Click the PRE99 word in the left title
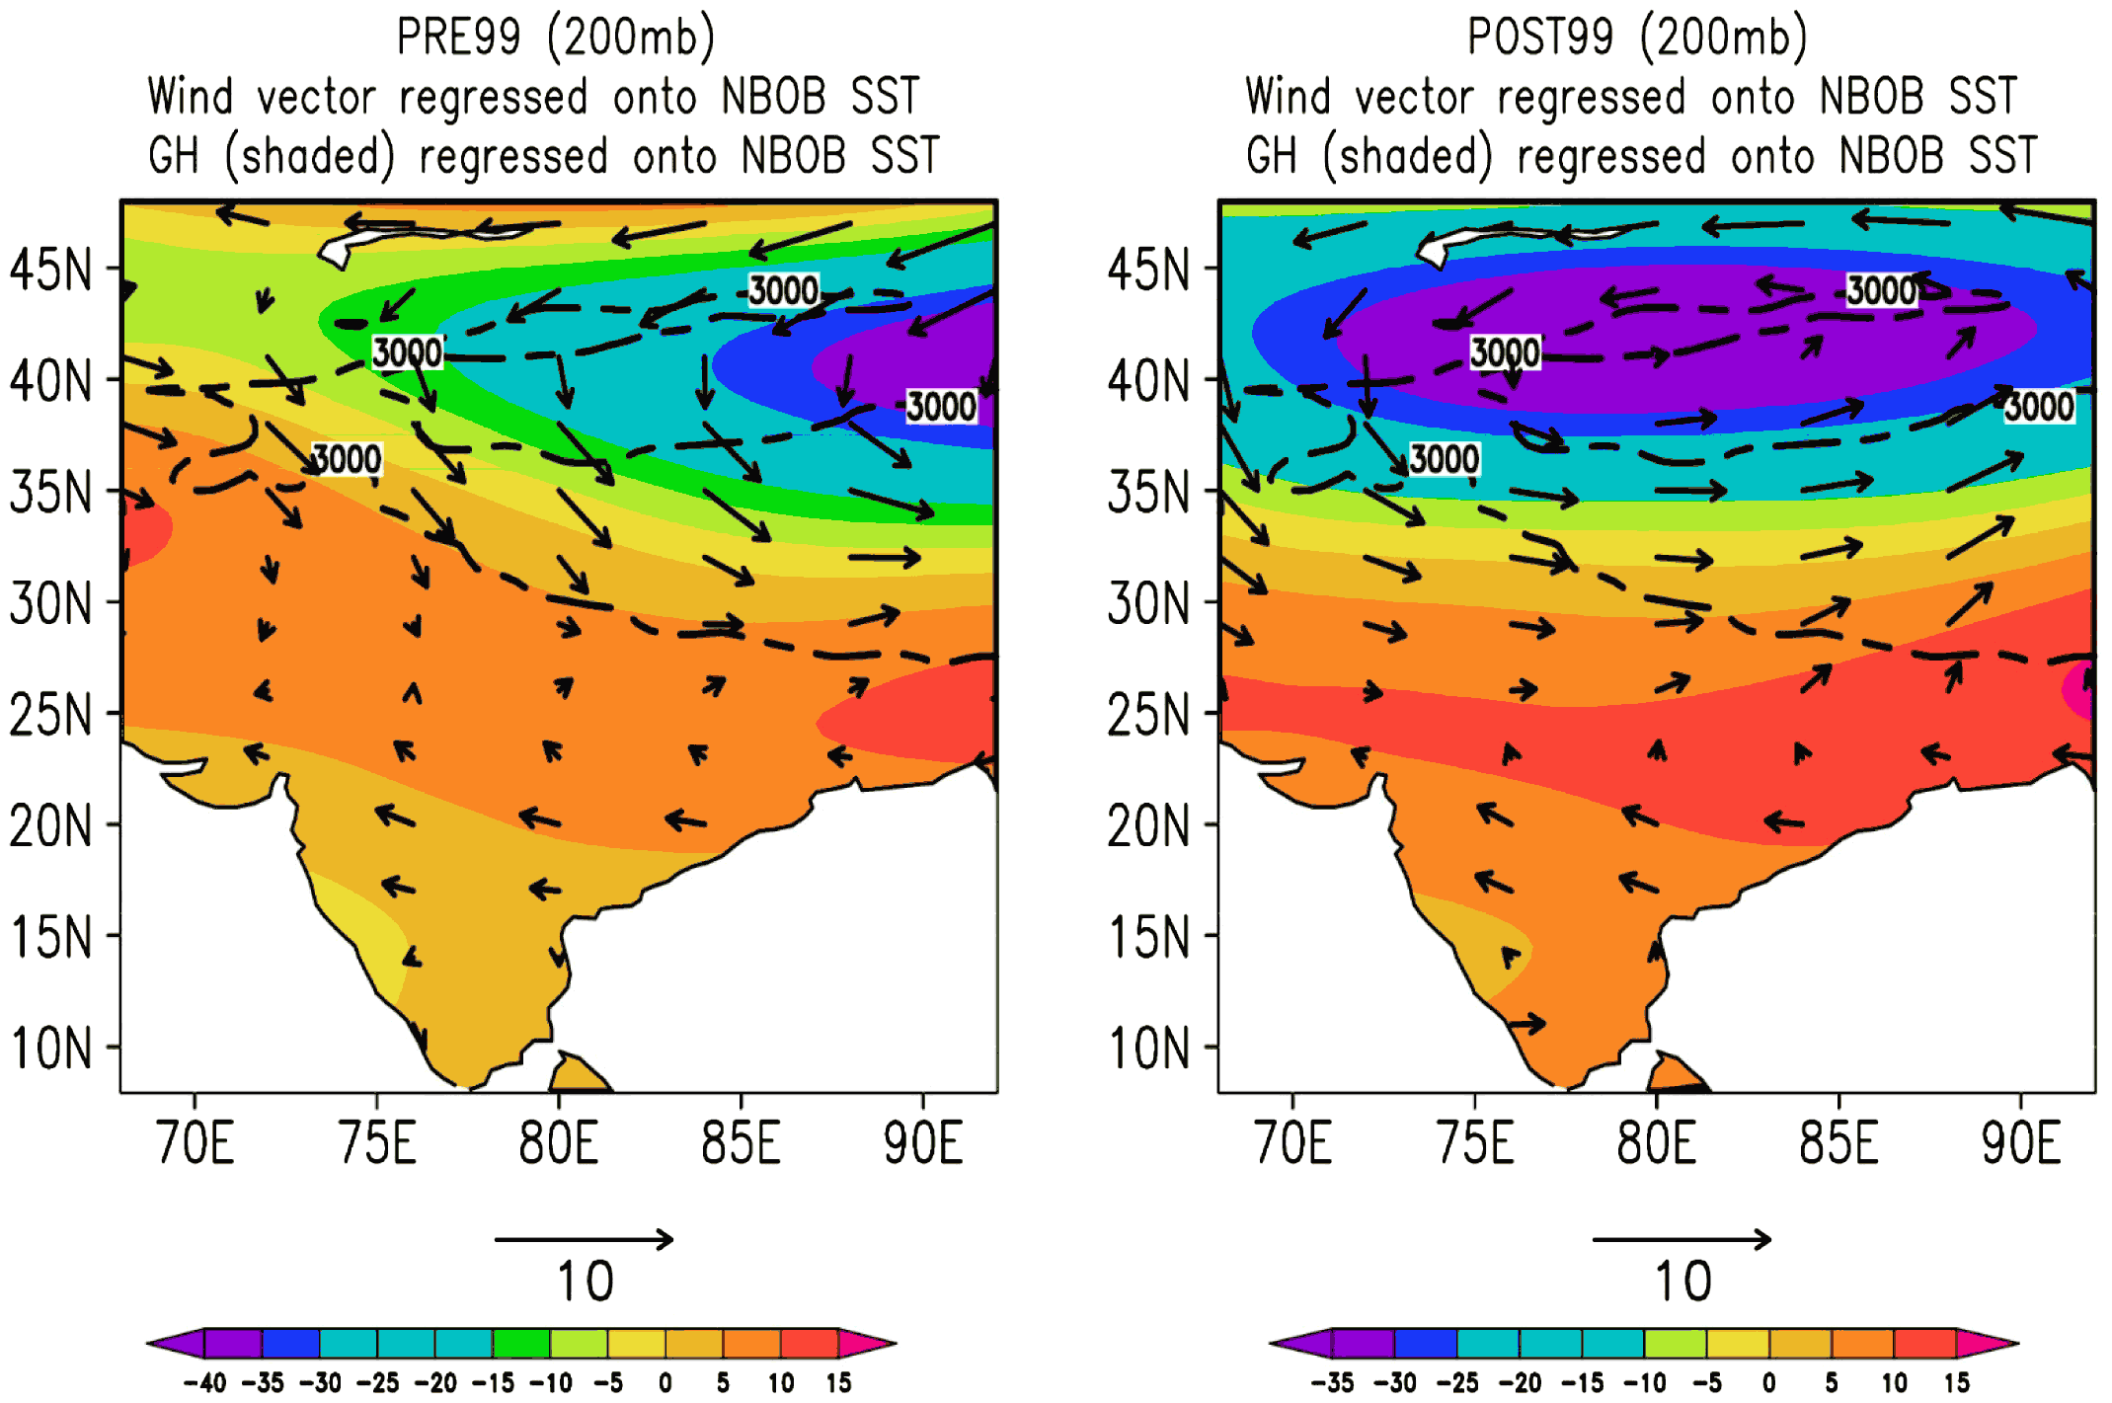coord(458,37)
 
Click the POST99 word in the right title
coord(1540,37)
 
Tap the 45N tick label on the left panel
coord(50,270)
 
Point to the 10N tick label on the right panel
coord(1148,1049)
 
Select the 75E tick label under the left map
coord(377,1143)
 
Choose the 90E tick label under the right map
coord(2021,1143)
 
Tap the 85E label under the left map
coord(741,1143)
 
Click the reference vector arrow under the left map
coord(585,1239)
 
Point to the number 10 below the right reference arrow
coord(1683,1282)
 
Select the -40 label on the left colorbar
coord(204,1382)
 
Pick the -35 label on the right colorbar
coord(1332,1382)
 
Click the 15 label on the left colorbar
coord(839,1382)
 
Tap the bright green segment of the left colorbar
coord(521,1344)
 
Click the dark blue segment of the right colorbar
coord(1426,1344)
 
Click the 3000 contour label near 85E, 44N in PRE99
coord(783,290)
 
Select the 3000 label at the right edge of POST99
coord(2040,406)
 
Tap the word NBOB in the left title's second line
coord(773,97)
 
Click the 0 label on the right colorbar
coord(1769,1382)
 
